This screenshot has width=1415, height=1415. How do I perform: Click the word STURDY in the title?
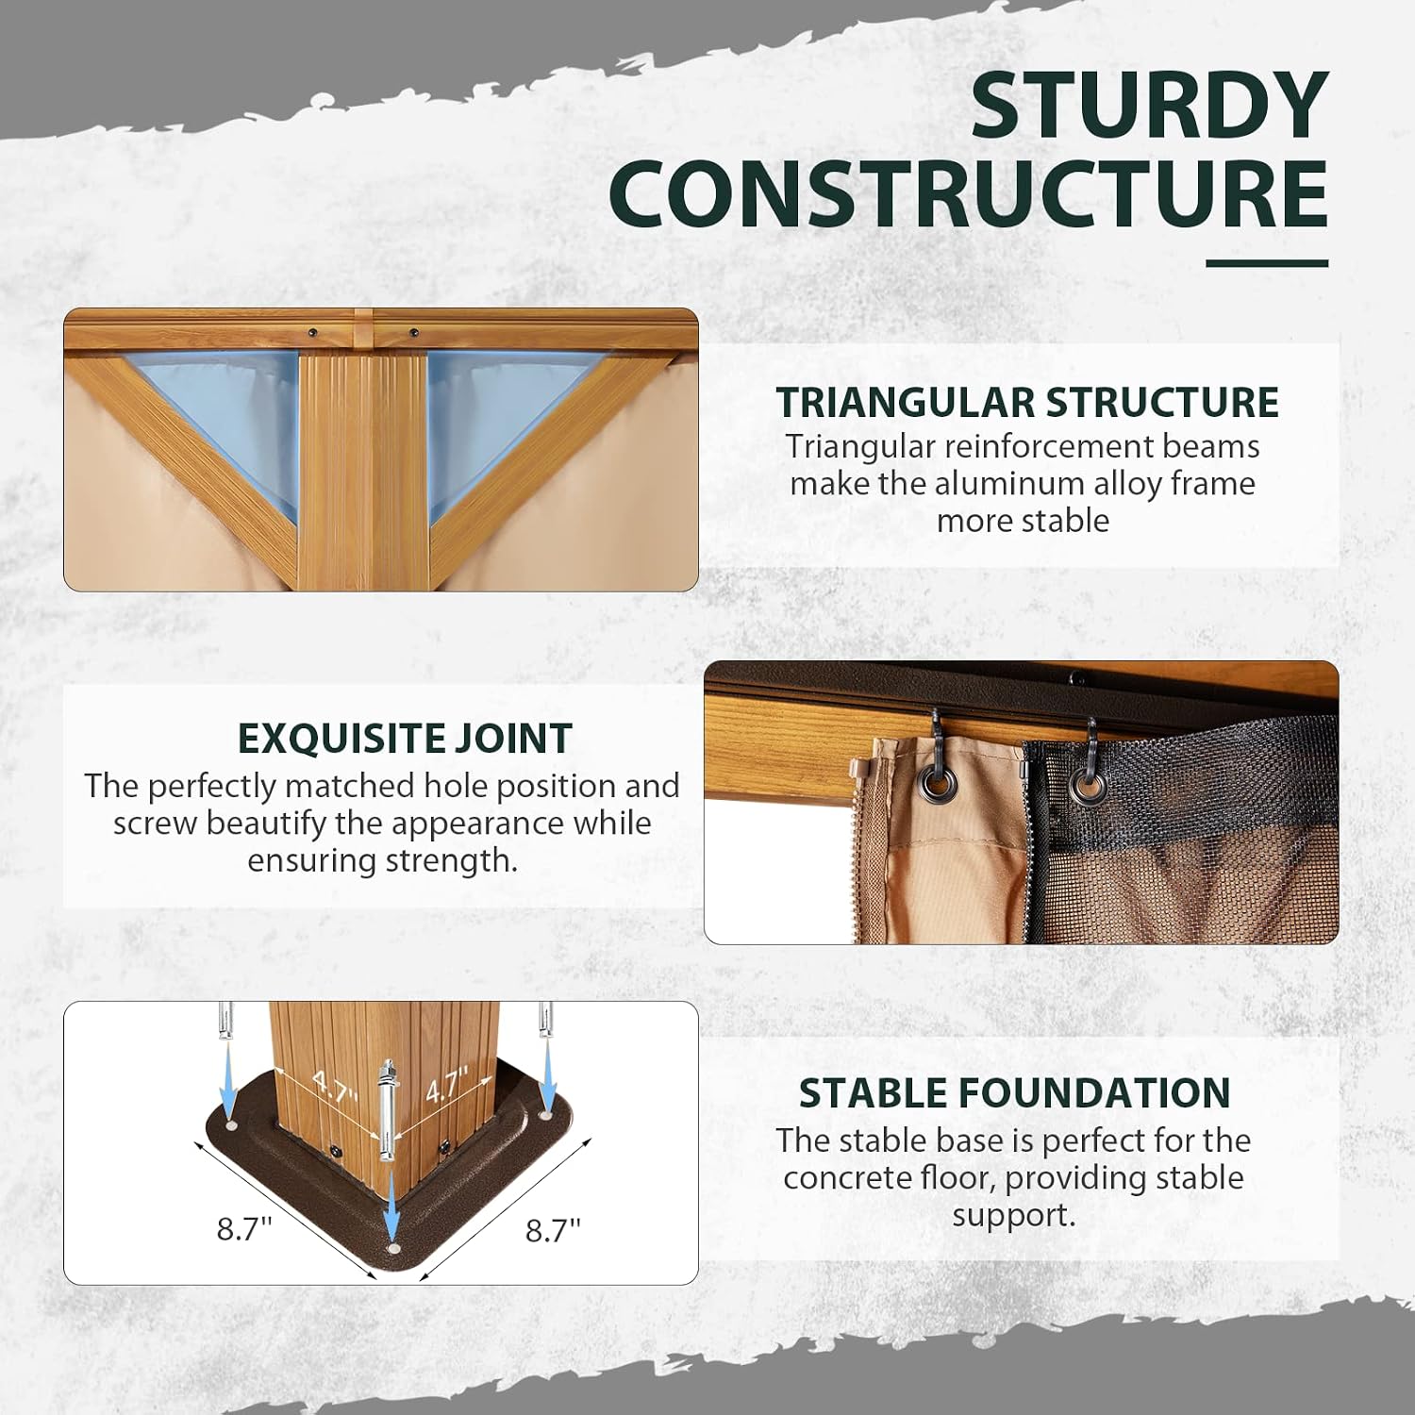tap(1150, 107)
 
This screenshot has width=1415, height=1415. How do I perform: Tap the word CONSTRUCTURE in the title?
tap(969, 193)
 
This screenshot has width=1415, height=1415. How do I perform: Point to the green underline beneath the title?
tap(1267, 263)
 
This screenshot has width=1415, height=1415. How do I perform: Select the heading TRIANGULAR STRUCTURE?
tap(1027, 403)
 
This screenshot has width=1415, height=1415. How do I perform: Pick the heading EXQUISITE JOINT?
tap(405, 739)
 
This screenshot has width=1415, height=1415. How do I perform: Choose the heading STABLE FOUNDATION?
tap(1014, 1093)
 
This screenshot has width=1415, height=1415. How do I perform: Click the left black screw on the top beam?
tap(311, 332)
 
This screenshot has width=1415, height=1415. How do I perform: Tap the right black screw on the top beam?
tap(413, 332)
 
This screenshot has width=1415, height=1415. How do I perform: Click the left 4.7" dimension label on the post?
tap(335, 1090)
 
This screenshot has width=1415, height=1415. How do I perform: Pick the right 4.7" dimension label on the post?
tap(446, 1087)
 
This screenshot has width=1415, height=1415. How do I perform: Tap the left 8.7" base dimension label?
tap(244, 1229)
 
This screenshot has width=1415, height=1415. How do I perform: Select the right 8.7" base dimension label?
tap(553, 1230)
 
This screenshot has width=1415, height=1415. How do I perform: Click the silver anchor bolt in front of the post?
tap(388, 1113)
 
